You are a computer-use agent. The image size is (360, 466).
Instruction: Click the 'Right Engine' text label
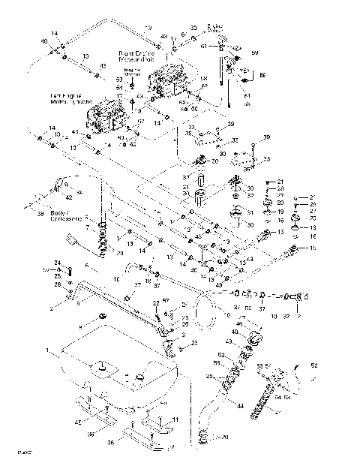(x=136, y=55)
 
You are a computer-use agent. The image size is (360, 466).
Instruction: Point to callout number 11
(x=175, y=419)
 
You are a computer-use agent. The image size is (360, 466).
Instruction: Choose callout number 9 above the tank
(x=81, y=329)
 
